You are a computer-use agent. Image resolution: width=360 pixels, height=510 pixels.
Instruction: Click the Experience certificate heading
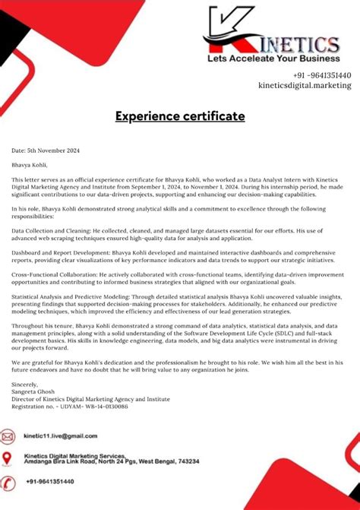tap(180, 116)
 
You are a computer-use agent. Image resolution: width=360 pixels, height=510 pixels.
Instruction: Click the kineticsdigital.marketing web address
tap(305, 86)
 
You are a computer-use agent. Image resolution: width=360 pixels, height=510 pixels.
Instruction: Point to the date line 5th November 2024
tap(46, 150)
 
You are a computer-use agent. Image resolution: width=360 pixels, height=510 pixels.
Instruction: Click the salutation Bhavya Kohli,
tap(29, 164)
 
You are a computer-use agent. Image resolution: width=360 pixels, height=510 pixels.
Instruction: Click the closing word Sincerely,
tap(24, 385)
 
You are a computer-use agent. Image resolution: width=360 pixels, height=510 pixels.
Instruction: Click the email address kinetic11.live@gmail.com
tap(61, 436)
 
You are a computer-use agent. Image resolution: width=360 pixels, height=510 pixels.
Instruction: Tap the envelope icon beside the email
tap(8, 437)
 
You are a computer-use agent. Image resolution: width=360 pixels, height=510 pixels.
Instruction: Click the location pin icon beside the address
tap(8, 458)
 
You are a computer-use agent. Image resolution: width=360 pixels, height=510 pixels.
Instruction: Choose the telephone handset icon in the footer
tap(8, 483)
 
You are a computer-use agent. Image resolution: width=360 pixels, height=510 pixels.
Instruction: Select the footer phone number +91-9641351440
tap(50, 482)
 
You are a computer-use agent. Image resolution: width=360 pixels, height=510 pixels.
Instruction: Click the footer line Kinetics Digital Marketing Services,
tap(74, 455)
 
